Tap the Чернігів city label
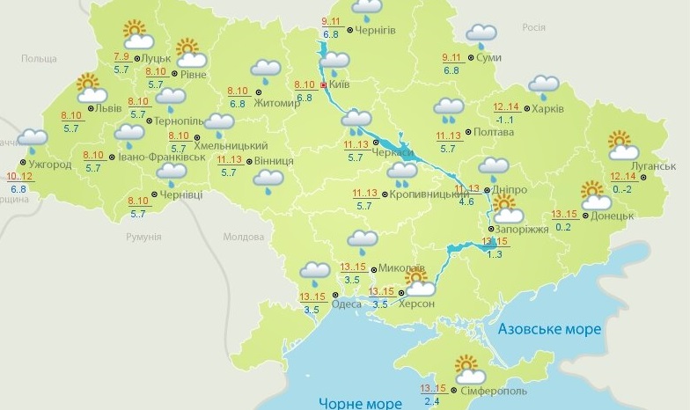(375, 30)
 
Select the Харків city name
(547, 109)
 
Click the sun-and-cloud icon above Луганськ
(623, 145)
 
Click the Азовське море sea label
(549, 329)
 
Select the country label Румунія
(143, 238)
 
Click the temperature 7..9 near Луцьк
(121, 57)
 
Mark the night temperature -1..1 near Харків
(503, 120)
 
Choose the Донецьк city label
(613, 216)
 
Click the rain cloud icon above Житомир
(265, 70)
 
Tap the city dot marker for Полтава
(467, 132)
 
